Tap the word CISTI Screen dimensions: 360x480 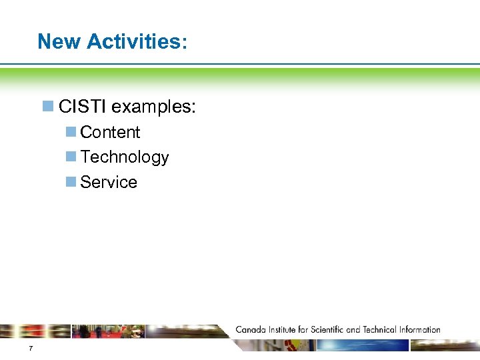click(x=83, y=107)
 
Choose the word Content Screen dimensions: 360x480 click(x=110, y=133)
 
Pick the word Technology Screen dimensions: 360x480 click(x=125, y=157)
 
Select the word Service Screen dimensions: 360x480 click(x=109, y=183)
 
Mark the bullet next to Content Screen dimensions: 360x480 click(x=71, y=132)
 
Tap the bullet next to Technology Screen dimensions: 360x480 click(x=71, y=157)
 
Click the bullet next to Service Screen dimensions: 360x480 click(x=71, y=182)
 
